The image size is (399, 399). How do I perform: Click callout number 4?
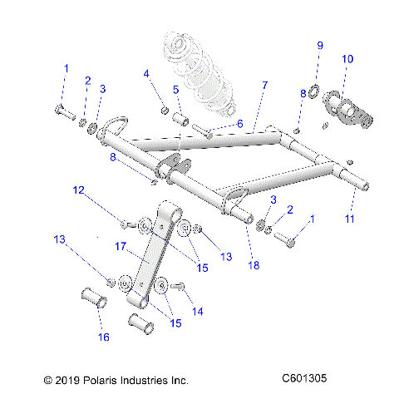click(146, 73)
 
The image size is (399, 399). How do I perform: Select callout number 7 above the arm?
click(264, 86)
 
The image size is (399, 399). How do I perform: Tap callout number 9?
click(319, 44)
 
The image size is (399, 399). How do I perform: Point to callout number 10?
click(347, 59)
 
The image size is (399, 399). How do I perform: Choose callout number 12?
click(101, 191)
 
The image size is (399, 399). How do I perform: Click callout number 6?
click(239, 122)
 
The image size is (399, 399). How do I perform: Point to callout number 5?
click(176, 89)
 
